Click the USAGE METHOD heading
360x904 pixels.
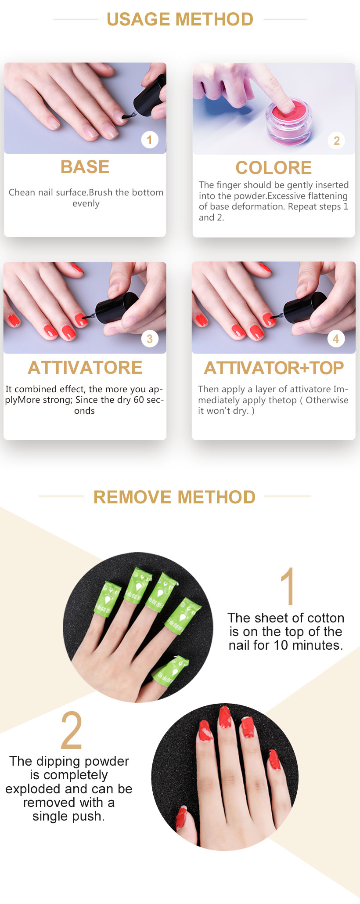[x=180, y=19]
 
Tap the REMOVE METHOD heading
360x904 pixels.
[x=174, y=497]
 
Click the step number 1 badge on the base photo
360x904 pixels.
[x=150, y=140]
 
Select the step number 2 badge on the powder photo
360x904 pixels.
[x=336, y=141]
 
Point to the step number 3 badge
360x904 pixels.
[x=150, y=339]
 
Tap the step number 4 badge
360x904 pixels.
[x=336, y=339]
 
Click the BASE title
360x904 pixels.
[x=85, y=167]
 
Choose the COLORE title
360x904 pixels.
[x=274, y=168]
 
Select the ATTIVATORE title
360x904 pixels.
[x=85, y=368]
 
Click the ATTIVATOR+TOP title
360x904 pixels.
[x=274, y=368]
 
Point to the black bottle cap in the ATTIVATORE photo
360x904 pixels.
[x=116, y=307]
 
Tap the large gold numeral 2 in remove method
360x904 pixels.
[x=72, y=730]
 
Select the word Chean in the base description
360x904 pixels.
[x=22, y=192]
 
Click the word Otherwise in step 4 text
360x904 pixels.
[x=327, y=400]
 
